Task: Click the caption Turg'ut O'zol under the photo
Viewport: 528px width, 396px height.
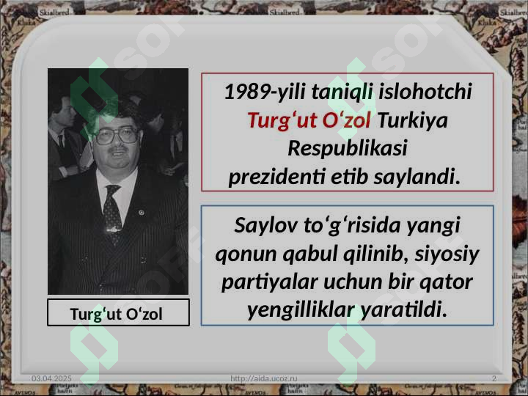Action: tap(117, 313)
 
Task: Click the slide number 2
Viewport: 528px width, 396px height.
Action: tap(494, 377)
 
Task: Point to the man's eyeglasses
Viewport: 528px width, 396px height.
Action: tap(117, 136)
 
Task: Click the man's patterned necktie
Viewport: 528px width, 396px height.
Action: tap(112, 213)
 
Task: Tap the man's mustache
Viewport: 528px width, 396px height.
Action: tap(118, 153)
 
